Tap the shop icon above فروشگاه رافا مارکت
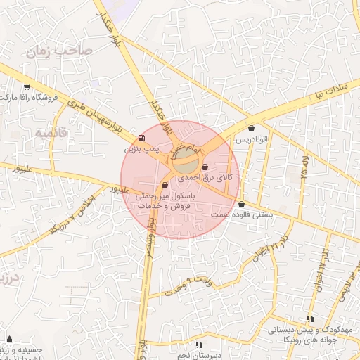pyautogui.click(x=27, y=87)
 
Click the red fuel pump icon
pyautogui.click(x=143, y=138)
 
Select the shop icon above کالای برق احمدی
pyautogui.click(x=205, y=167)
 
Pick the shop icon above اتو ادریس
pyautogui.click(x=252, y=129)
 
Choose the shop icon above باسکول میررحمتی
pyautogui.click(x=165, y=186)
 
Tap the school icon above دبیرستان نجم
pyautogui.click(x=199, y=345)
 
